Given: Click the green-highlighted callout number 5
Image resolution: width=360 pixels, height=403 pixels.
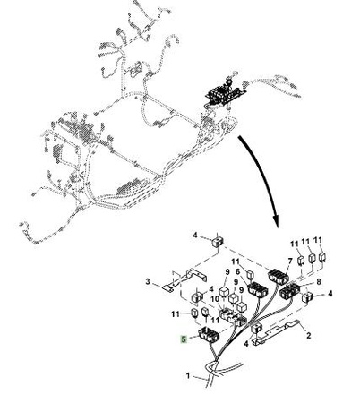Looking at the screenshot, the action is click(184, 339).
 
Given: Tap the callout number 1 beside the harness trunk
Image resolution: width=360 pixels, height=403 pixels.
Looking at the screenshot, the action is click(188, 375).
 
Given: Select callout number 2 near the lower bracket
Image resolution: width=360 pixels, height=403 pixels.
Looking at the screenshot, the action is click(309, 335).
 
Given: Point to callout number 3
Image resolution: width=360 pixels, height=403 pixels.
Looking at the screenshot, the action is click(148, 281).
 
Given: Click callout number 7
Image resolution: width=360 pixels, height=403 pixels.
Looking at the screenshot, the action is click(290, 262).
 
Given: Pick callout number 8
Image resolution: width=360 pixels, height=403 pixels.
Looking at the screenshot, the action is click(319, 281).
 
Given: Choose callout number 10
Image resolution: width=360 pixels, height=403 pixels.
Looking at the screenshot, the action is click(215, 299).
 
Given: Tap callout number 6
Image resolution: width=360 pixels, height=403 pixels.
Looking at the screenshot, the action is click(238, 271).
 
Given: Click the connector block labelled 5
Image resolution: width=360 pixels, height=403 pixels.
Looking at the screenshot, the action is click(209, 335).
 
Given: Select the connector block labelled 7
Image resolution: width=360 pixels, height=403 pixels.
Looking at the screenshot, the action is click(279, 277).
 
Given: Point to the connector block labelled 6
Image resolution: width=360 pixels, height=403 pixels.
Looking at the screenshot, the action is click(258, 289).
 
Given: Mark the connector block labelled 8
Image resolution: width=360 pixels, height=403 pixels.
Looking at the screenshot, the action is click(289, 291).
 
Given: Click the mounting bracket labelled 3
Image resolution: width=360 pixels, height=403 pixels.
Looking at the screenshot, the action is click(185, 279).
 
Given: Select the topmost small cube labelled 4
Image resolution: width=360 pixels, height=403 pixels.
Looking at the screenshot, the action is click(218, 241).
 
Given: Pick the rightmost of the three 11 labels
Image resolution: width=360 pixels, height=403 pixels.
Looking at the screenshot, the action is click(318, 240).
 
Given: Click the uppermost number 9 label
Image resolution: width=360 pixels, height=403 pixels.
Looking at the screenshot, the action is click(227, 272).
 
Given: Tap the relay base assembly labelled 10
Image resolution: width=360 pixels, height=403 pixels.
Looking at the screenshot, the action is click(233, 317).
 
